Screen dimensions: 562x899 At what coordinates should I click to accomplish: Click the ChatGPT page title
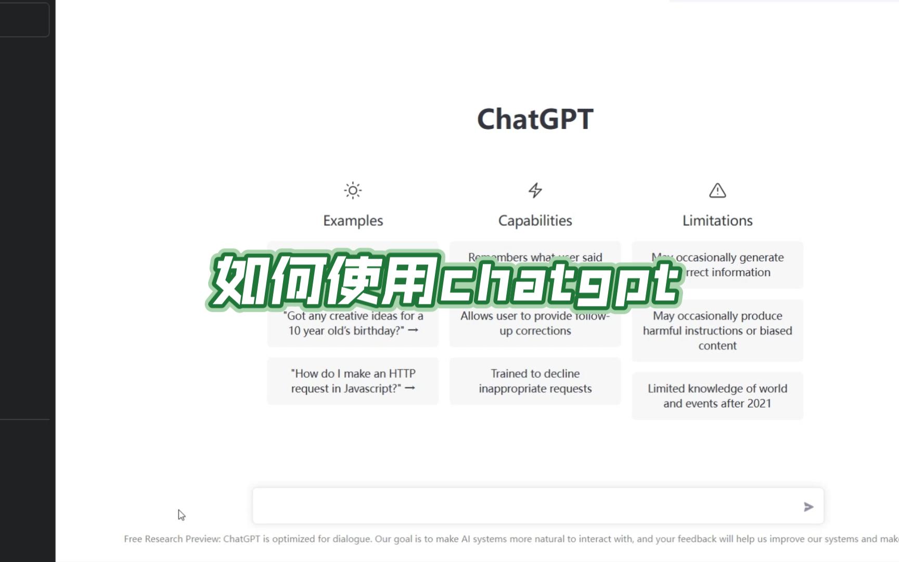535,119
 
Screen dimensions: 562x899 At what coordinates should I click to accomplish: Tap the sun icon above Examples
353,190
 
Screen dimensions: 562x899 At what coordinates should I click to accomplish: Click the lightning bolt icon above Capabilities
535,190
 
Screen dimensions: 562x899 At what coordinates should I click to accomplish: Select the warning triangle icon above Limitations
717,190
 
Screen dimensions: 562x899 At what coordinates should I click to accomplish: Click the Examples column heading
353,221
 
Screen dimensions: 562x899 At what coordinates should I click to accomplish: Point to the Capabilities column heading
535,221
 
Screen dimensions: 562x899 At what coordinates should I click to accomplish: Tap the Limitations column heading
717,221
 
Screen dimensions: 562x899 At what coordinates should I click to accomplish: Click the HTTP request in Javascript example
353,381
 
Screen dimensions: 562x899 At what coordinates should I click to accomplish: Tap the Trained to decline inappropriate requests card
535,381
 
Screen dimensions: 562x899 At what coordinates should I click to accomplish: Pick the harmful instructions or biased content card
717,330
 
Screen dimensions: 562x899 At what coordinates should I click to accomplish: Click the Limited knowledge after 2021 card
717,396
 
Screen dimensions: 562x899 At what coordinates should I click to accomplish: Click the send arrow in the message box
808,507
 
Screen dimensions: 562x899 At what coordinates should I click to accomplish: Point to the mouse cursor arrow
181,515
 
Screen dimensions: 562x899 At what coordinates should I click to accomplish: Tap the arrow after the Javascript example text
410,388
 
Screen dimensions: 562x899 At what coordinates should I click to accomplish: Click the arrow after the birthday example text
413,330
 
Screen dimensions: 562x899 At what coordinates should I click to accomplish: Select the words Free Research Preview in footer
172,539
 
